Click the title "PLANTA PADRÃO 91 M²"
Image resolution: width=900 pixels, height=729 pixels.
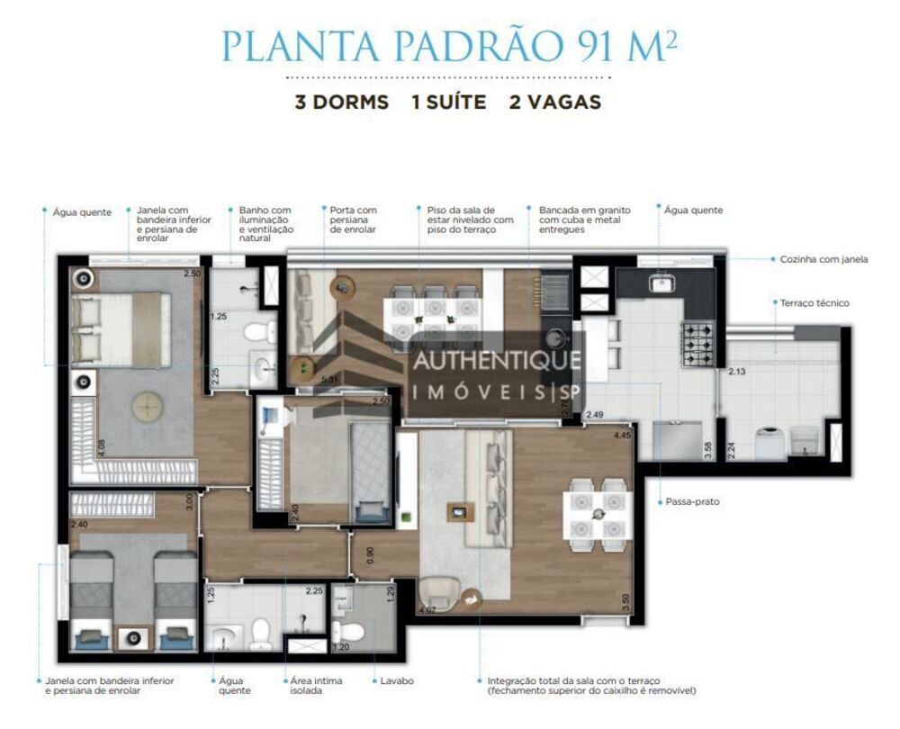pyautogui.click(x=449, y=48)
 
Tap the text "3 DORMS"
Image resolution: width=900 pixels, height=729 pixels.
pyautogui.click(x=342, y=102)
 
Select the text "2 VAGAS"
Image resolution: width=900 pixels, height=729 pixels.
pyautogui.click(x=554, y=102)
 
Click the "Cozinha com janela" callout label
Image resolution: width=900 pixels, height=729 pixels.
pyautogui.click(x=823, y=259)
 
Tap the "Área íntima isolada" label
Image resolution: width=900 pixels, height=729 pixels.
pyautogui.click(x=315, y=686)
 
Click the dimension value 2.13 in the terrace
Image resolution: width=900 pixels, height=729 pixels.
pyautogui.click(x=737, y=371)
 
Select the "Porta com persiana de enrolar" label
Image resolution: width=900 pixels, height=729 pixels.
pyautogui.click(x=354, y=220)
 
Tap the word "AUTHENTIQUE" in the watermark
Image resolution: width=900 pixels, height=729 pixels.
pyautogui.click(x=496, y=361)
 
